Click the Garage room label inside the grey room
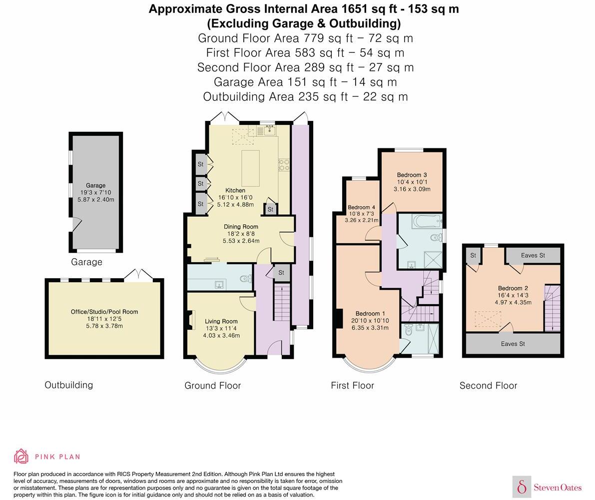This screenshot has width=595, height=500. pos(95,185)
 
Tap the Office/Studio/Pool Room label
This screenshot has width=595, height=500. pos(104,312)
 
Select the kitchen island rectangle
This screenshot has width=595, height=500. pos(250,168)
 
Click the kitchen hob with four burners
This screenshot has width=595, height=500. pos(284,165)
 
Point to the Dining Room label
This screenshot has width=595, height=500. pos(241,227)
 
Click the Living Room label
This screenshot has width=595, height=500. pos(221,321)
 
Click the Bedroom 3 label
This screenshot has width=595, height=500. pos(412,175)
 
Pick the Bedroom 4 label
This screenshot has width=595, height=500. pos(361,207)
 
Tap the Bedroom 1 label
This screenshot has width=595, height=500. pos(370,313)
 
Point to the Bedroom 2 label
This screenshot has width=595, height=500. pos(513,288)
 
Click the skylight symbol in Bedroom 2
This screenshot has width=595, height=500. pos(488,319)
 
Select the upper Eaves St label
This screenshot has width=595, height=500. pos(533,255)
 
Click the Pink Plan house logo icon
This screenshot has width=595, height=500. pos(21,457)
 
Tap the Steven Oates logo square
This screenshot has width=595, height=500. pos(522,487)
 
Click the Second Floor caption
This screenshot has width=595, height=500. pos(489,386)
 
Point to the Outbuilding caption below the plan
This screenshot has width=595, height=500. pos(68,385)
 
